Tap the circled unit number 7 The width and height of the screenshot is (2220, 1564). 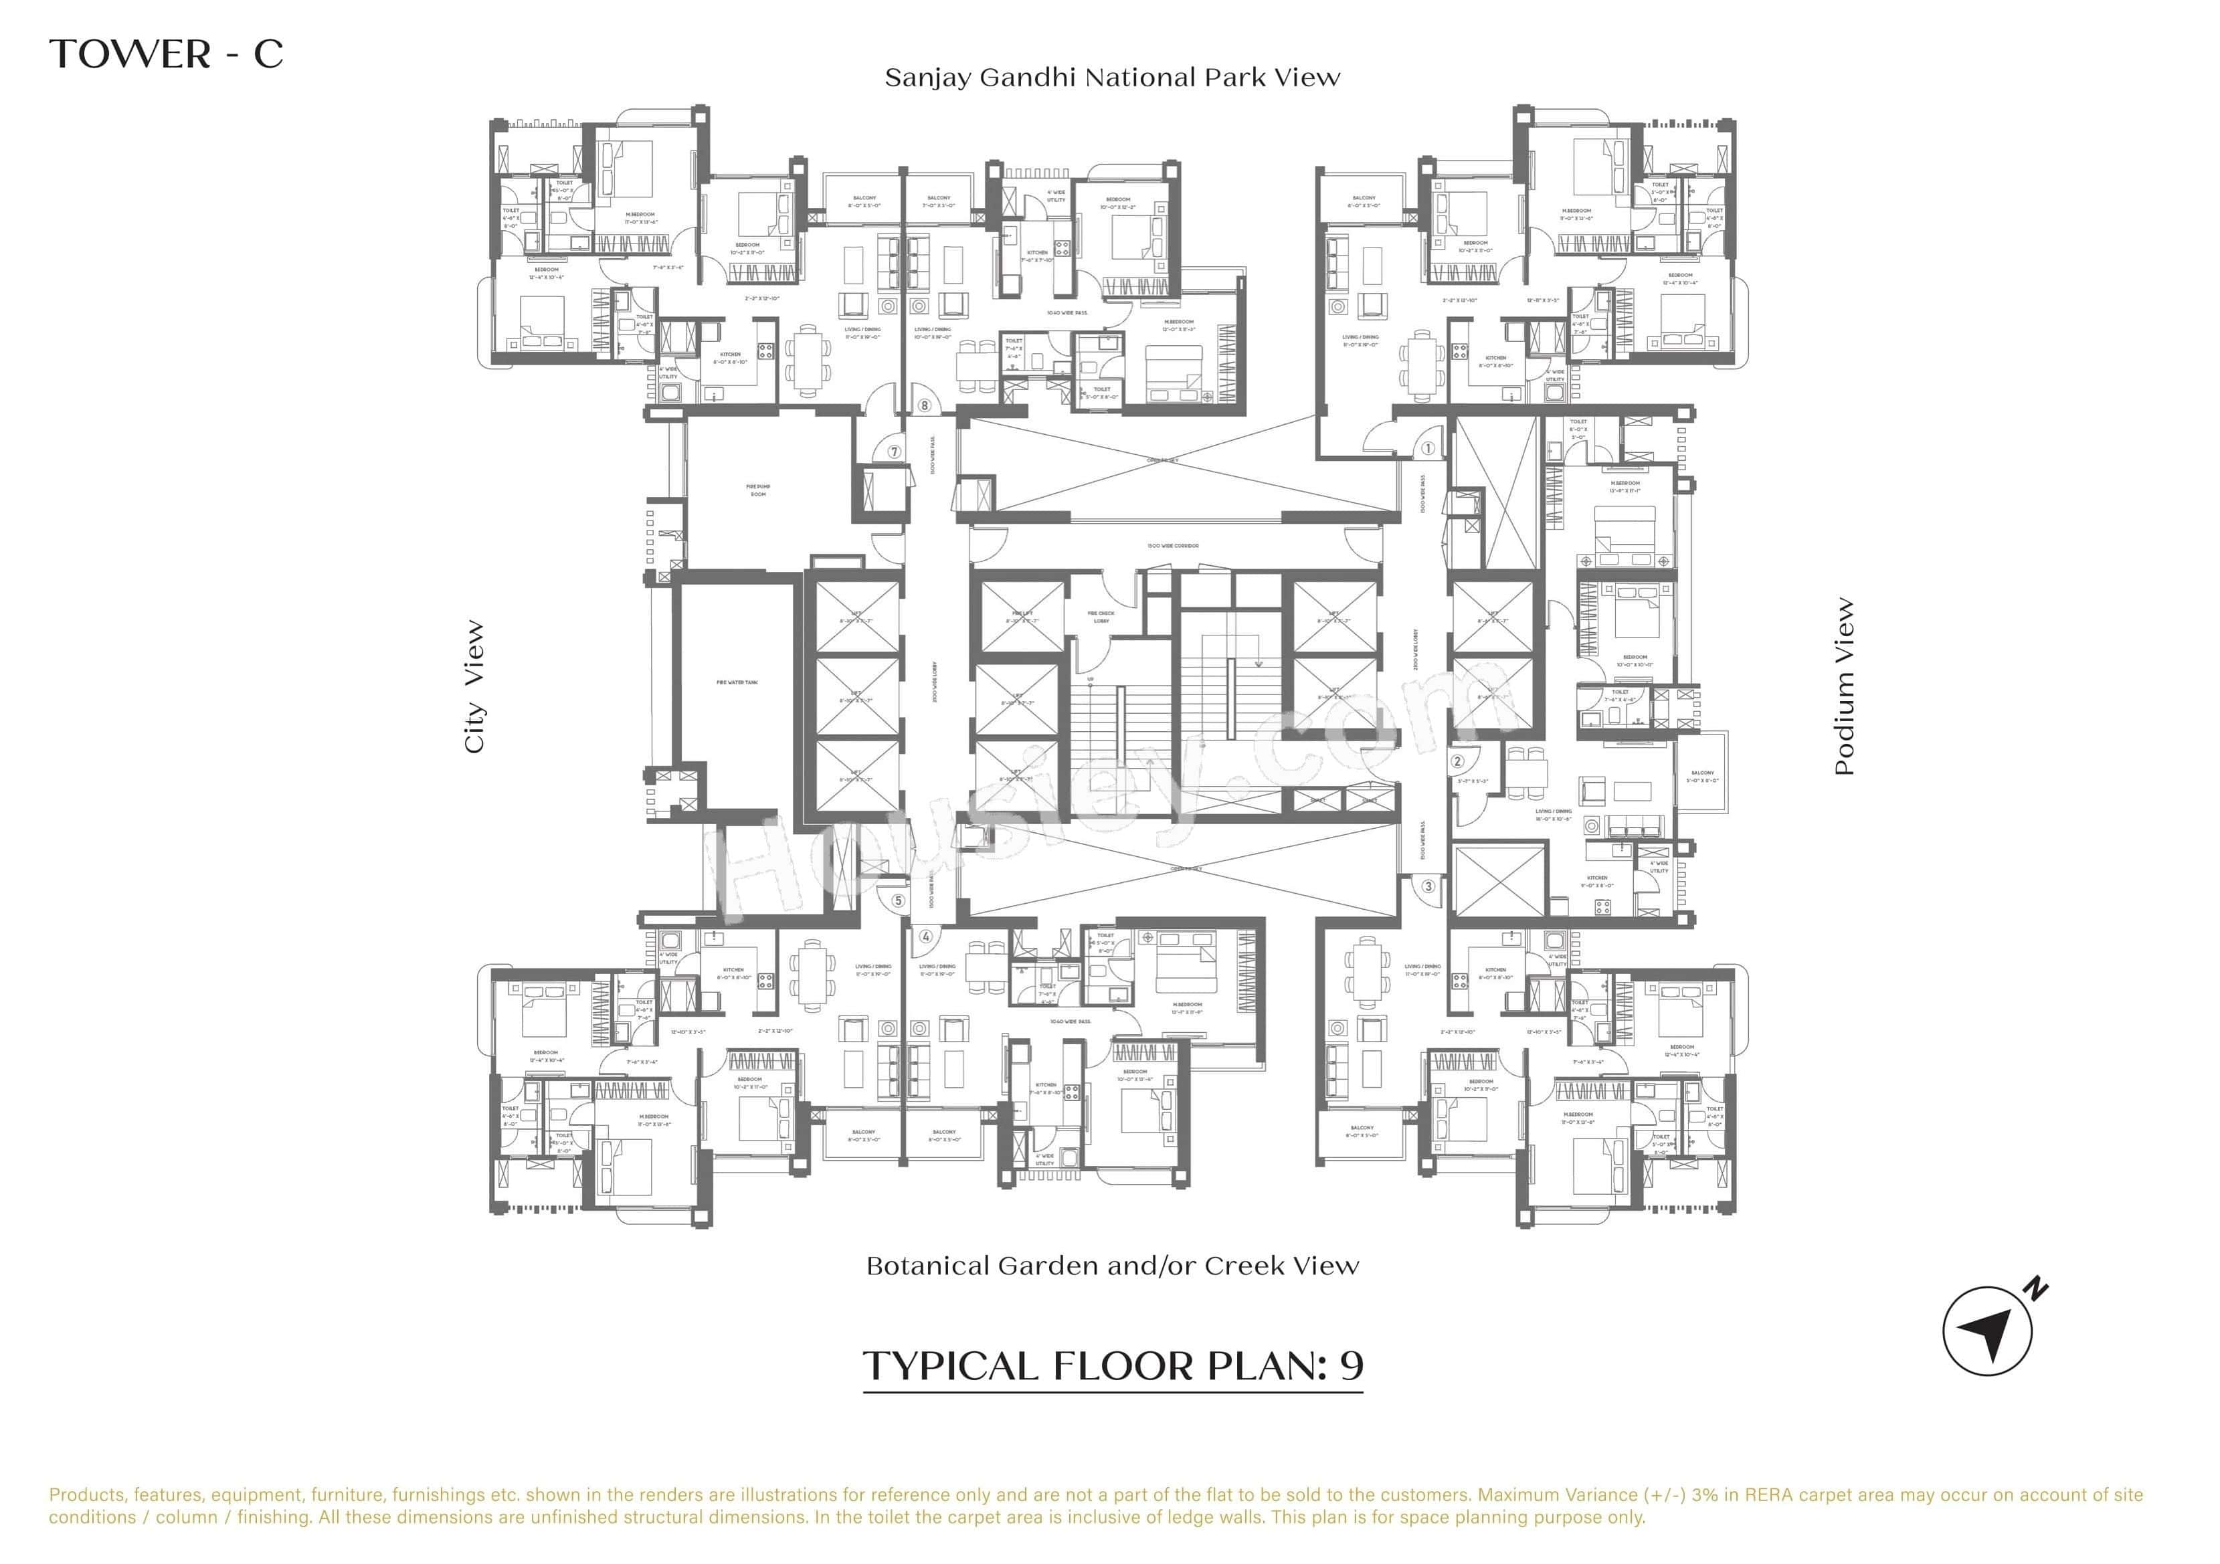(x=895, y=452)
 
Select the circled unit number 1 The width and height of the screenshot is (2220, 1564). (x=1428, y=448)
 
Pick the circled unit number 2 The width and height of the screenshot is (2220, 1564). (x=1458, y=761)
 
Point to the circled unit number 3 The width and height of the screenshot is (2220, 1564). (x=1428, y=886)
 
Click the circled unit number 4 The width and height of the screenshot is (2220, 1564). (x=925, y=937)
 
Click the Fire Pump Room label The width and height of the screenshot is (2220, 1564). (x=758, y=490)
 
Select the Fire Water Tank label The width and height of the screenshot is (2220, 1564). (x=737, y=682)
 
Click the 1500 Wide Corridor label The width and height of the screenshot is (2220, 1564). (x=1173, y=546)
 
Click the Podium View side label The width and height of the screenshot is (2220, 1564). (x=1844, y=686)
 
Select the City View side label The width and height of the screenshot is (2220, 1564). (x=474, y=686)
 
